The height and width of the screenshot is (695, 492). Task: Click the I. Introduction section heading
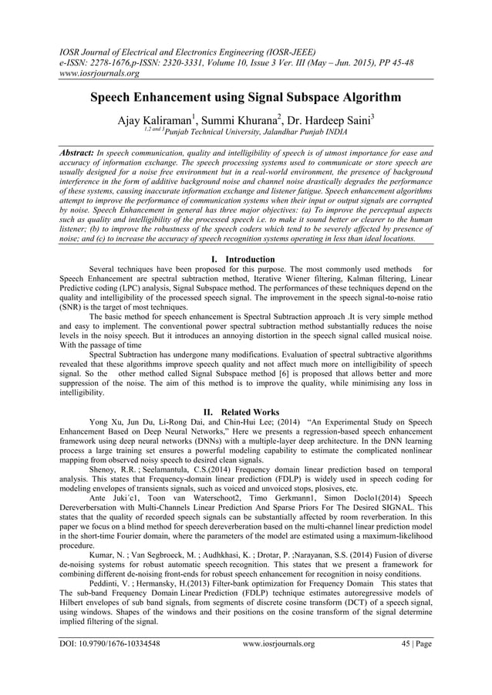pyautogui.click(x=245, y=259)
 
